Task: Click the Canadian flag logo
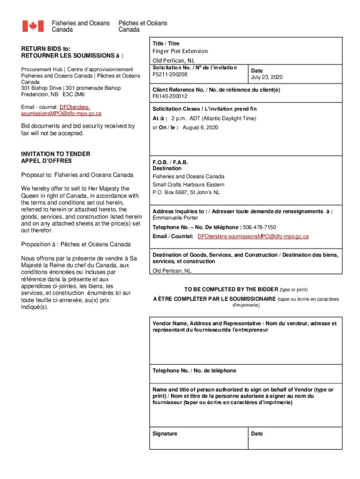33,26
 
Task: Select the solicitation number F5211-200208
170,74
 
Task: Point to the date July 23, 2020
266,77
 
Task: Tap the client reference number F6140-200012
170,96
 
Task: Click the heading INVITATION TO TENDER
56,154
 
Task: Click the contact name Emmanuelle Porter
175,218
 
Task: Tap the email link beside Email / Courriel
253,236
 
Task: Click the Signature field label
165,434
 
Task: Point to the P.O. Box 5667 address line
186,192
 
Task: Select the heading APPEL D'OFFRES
46,161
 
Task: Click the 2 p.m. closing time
179,118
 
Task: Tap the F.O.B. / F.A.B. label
170,162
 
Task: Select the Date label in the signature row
257,434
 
